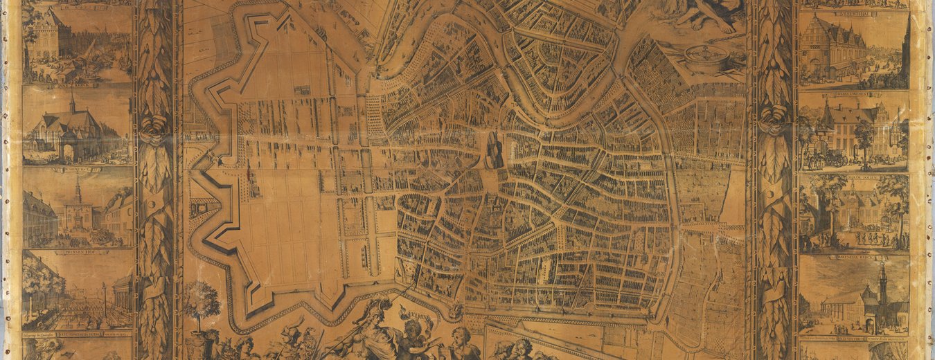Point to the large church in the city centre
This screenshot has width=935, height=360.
pyautogui.click(x=495, y=149)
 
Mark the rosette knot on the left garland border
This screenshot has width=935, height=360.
pyautogui.click(x=154, y=129)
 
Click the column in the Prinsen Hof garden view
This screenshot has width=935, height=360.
pyautogui.click(x=105, y=298)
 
